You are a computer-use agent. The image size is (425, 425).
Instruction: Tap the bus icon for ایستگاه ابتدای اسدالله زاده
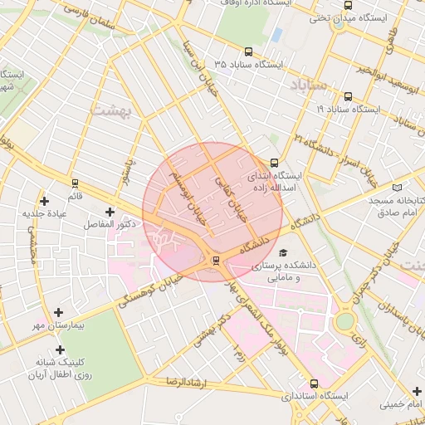tap(275, 164)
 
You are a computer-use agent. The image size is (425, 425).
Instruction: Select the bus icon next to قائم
tap(76, 183)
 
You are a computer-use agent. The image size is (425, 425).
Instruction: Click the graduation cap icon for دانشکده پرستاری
tap(283, 252)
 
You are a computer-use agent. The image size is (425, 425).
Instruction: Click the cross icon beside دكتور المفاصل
tap(110, 212)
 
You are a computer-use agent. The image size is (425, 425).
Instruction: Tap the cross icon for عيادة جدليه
tap(44, 201)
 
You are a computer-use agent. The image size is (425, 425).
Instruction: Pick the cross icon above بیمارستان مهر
tap(58, 312)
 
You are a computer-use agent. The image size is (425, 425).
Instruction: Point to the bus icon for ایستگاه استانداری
tap(313, 383)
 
